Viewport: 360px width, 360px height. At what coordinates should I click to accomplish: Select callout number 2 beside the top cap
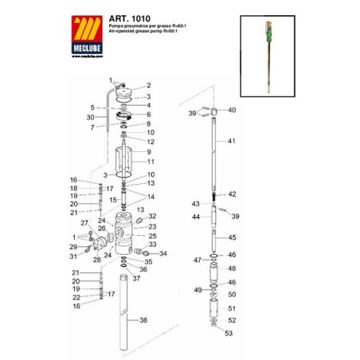(x=148, y=85)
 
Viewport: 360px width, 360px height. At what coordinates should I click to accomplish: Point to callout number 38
(x=143, y=320)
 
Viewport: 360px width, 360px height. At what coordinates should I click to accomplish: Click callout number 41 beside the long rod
(x=233, y=141)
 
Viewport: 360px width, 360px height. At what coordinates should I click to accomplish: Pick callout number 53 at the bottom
(x=229, y=334)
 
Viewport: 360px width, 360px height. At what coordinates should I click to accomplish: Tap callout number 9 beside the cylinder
(x=148, y=151)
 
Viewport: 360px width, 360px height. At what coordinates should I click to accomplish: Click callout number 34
(x=163, y=254)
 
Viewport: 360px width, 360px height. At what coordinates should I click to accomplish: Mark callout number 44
(x=195, y=217)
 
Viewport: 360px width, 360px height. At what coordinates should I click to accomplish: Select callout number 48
(x=232, y=268)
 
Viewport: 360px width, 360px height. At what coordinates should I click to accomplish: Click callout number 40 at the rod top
(x=232, y=110)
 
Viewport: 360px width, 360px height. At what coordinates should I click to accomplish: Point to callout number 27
(x=85, y=223)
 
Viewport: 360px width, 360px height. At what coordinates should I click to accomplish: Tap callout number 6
(x=148, y=114)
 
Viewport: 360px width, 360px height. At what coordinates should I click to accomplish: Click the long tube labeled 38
(x=124, y=319)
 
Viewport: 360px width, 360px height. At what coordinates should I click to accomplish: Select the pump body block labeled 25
(x=126, y=235)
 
